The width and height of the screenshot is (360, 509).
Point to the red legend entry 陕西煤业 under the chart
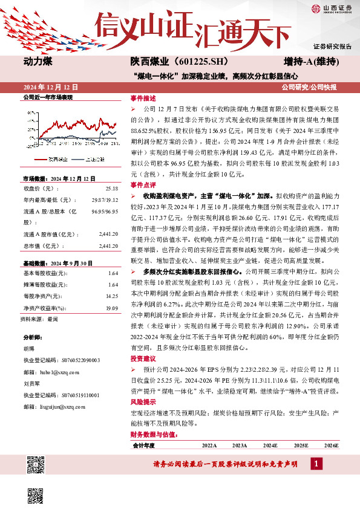point(55,159)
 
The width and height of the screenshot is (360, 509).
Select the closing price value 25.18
point(111,189)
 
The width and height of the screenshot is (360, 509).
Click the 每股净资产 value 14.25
point(111,297)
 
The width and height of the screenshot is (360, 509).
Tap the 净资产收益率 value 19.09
point(111,308)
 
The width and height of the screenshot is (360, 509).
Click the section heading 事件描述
point(143,98)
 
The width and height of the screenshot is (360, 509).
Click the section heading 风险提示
point(143,400)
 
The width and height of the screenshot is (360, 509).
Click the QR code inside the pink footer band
point(35,464)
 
